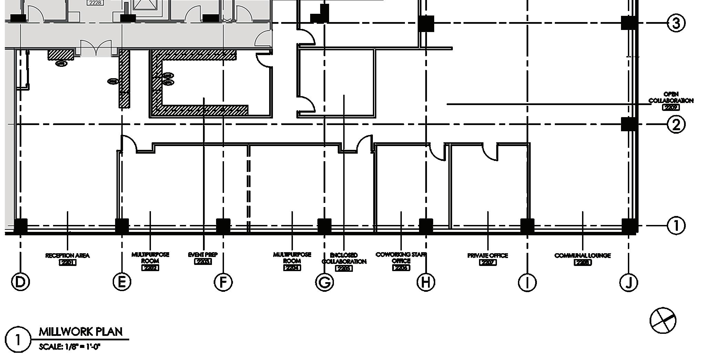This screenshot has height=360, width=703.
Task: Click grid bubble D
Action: coord(20,282)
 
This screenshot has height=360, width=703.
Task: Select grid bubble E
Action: coord(122,282)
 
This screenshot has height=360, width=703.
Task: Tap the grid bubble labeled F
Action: coord(223,282)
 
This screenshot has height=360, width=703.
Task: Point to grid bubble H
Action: coord(426,282)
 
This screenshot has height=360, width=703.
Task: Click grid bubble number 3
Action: coord(676,23)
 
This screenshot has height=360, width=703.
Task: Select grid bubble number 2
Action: coord(676,124)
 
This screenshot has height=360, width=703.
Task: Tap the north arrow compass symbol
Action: coord(663,321)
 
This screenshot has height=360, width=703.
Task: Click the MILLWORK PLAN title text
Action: coord(81,332)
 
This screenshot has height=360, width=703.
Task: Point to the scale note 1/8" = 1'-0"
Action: coord(69,347)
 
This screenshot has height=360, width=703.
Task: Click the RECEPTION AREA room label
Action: coord(68,256)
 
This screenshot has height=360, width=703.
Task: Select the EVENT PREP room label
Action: coord(203,255)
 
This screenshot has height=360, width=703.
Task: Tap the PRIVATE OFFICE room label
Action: coord(488,256)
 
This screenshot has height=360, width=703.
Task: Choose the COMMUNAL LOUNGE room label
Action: coord(582,256)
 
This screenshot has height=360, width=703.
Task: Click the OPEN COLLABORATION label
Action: coord(671,98)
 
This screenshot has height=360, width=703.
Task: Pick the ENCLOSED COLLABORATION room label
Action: coord(344,258)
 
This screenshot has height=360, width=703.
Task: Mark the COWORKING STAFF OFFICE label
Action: coord(401,258)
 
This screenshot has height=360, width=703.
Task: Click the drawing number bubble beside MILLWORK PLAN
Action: coord(18,339)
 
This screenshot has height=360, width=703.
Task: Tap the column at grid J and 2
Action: coord(629,124)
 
